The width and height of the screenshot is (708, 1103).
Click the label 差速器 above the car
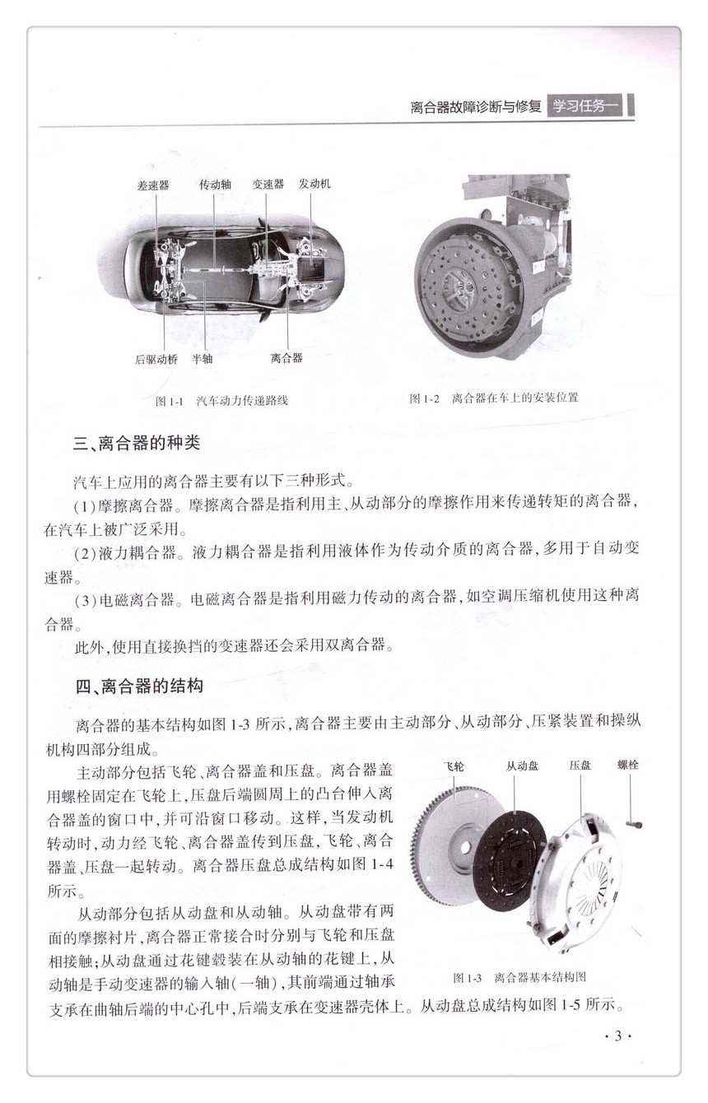tap(153, 185)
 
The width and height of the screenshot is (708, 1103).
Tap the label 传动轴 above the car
tap(215, 185)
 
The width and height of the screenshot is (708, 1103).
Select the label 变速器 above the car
tap(268, 184)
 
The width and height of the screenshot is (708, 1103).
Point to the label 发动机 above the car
tap(314, 184)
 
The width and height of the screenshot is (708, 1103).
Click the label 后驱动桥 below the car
tap(156, 359)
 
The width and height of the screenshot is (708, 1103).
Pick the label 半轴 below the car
tap(203, 359)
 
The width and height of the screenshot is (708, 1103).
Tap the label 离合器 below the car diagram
tap(286, 359)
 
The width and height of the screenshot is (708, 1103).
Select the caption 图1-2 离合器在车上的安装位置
tap(494, 398)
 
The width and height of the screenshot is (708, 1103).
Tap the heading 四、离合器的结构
tap(138, 686)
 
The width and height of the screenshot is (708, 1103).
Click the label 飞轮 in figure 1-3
tap(452, 766)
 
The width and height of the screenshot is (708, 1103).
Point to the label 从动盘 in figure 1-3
tap(523, 766)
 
